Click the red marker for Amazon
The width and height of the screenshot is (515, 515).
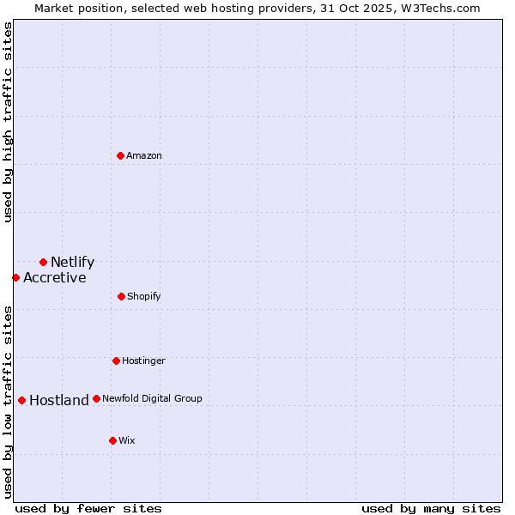pos(120,155)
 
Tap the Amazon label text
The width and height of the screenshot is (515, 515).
pos(144,156)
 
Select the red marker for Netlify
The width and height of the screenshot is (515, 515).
pos(43,262)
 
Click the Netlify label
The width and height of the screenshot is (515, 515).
pos(72,263)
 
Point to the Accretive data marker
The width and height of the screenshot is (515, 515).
pos(15,277)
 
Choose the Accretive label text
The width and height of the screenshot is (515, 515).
pos(54,278)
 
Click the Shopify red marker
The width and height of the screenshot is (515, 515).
pos(121,296)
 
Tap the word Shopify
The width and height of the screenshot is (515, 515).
pos(143,297)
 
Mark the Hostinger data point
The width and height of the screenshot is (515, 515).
pos(116,360)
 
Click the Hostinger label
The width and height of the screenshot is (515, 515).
pos(143,361)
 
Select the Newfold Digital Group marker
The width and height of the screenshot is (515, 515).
pos(96,398)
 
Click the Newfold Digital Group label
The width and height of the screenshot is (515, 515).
pos(152,399)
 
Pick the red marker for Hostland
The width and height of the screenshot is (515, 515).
pos(21,400)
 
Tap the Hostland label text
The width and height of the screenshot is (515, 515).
pos(58,401)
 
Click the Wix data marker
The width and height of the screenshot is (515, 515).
pos(112,440)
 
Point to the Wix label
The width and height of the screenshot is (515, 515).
pos(126,441)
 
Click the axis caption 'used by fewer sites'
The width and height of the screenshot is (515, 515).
pos(88,508)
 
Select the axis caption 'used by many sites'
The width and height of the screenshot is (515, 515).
pos(431,508)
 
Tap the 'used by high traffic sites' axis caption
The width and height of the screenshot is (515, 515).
pos(8,122)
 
